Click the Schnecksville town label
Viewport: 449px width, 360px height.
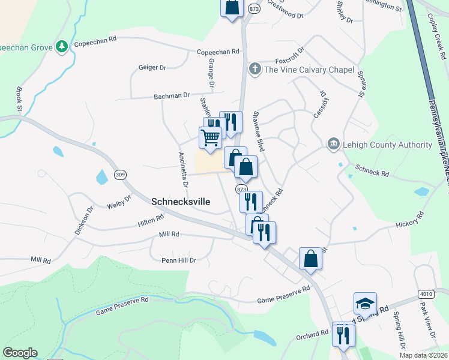pyautogui.click(x=181, y=202)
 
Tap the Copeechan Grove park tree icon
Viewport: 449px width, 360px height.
pyautogui.click(x=61, y=46)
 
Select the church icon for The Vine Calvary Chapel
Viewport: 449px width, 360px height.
pyautogui.click(x=255, y=69)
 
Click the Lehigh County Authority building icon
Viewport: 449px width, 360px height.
pyautogui.click(x=333, y=145)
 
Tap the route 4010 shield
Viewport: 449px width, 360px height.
pyautogui.click(x=426, y=293)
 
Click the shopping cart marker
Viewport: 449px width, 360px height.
pyautogui.click(x=210, y=138)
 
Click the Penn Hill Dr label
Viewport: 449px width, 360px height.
pyautogui.click(x=179, y=260)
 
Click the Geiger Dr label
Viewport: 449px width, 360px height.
pyautogui.click(x=152, y=68)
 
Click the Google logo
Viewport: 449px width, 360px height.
pyautogui.click(x=20, y=353)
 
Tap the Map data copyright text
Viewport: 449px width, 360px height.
pyautogui.click(x=423, y=355)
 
